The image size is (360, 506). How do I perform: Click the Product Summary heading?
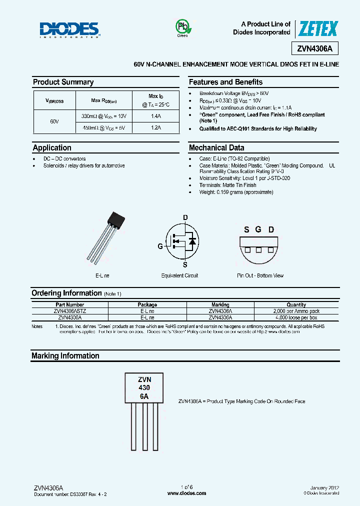coord(63,82)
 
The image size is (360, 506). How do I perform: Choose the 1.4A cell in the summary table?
coord(155,116)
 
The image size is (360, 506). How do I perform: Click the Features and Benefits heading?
coord(225,82)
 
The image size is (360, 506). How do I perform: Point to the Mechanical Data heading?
coord(216,147)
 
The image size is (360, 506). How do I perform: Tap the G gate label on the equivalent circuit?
coord(160,246)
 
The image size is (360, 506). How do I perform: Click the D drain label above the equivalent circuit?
coord(185,217)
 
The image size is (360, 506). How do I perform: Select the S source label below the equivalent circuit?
coord(184,264)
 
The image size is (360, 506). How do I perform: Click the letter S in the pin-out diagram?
coord(246,229)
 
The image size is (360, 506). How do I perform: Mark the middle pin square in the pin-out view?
coord(258,250)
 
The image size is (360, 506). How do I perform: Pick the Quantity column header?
coord(296,304)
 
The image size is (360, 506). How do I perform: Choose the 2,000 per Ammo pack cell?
coord(296,310)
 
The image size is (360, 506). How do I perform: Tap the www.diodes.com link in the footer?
coord(186,493)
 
